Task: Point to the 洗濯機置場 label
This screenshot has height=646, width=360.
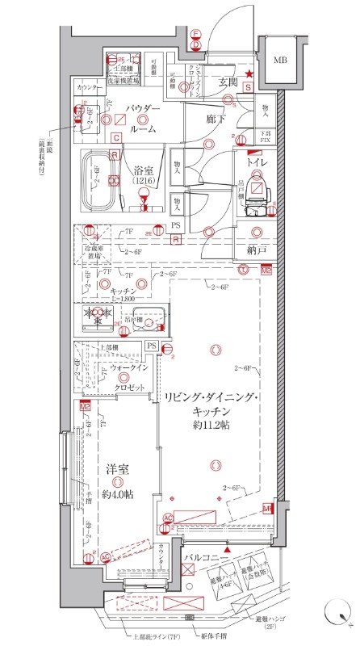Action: point(124,81)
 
